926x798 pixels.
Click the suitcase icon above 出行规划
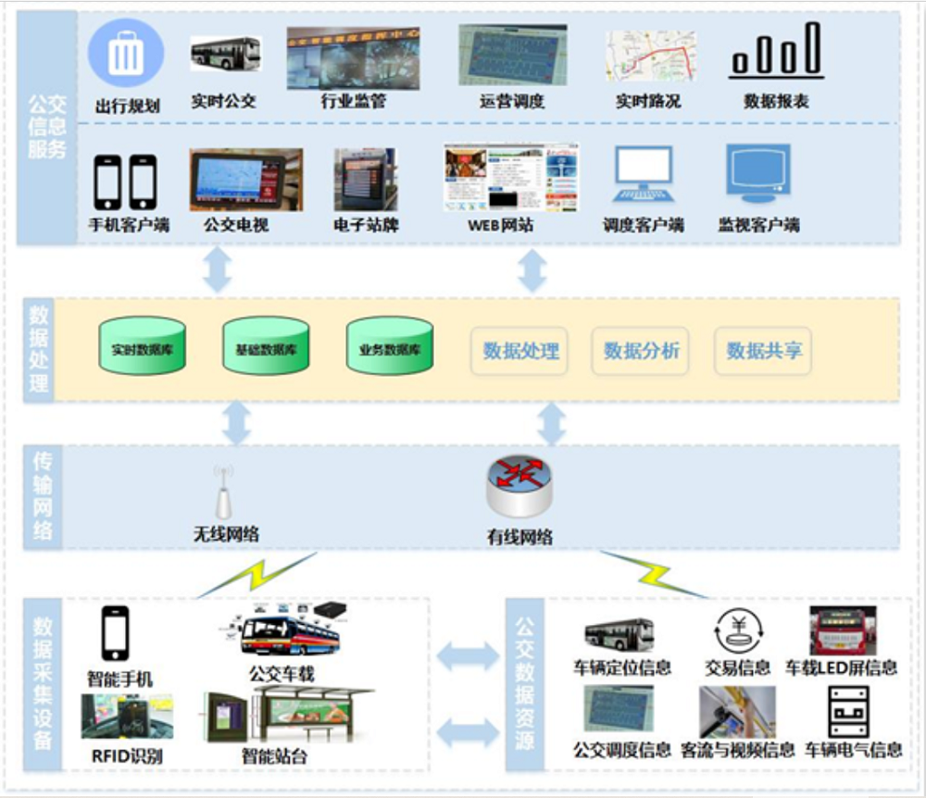tap(126, 54)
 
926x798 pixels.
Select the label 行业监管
tap(353, 101)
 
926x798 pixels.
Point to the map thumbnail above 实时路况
tap(650, 56)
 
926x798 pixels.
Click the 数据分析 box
tap(641, 351)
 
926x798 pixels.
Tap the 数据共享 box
tap(764, 351)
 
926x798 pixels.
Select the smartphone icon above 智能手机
tap(115, 634)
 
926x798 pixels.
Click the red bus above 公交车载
tap(289, 636)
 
